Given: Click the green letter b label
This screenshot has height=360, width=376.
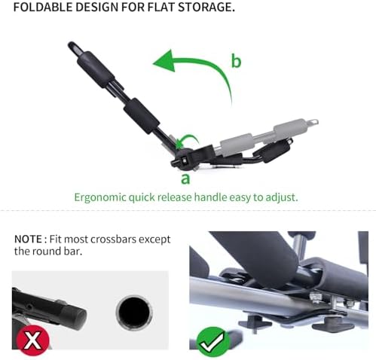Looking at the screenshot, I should [x=235, y=62].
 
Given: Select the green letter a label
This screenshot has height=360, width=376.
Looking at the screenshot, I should [x=185, y=178].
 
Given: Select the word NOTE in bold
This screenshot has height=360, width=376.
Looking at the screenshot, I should [x=29, y=239].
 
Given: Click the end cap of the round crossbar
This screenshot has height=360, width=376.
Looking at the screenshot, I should [x=75, y=313].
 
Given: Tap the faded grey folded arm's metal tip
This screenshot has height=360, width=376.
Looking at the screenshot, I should [x=309, y=121].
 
